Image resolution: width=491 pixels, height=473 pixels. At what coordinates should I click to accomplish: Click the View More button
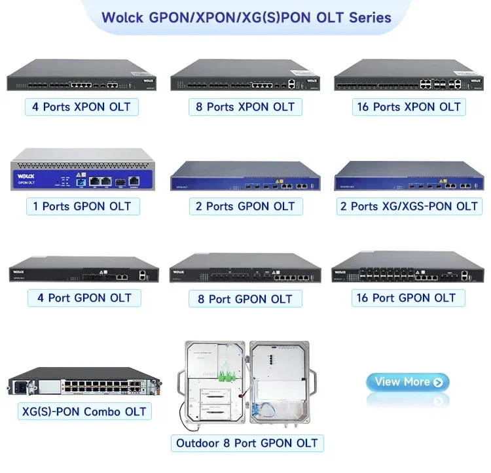coord(407,382)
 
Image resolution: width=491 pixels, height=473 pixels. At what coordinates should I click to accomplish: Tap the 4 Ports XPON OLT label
coord(81,107)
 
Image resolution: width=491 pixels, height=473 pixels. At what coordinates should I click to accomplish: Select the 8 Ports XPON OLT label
coord(245,107)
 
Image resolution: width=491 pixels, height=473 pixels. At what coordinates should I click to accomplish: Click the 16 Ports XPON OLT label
coord(409,107)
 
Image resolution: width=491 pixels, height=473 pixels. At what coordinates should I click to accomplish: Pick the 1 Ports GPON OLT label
coord(82,206)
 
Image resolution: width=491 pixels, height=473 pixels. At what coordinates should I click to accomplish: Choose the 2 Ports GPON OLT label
coord(245,206)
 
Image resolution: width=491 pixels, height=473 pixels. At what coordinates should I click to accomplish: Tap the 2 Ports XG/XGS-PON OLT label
coord(409,206)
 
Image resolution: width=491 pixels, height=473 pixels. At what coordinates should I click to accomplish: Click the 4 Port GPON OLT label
coord(84,298)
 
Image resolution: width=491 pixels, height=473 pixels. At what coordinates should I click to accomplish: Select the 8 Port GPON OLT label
coord(245,299)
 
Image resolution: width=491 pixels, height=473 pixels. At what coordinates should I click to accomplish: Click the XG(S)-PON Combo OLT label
coord(84,411)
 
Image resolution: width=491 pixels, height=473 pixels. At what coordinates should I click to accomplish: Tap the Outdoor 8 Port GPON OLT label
coord(247,443)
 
